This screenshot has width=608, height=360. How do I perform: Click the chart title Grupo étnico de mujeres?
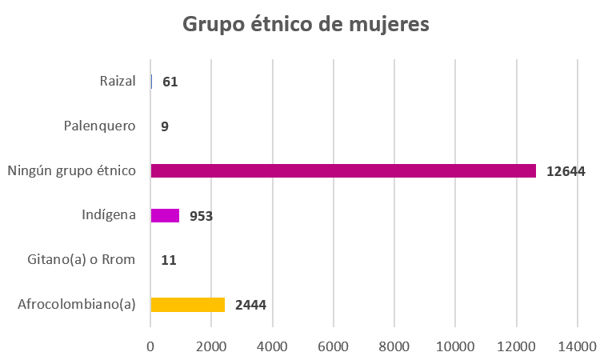(306, 25)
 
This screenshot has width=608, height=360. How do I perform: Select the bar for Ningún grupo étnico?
(342, 170)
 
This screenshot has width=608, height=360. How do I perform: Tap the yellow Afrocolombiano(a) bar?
(187, 305)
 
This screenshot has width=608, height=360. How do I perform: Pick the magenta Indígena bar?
(165, 215)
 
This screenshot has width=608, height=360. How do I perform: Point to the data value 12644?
(566, 170)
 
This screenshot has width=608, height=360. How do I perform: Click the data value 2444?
(250, 305)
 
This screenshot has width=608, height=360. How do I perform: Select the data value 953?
(200, 215)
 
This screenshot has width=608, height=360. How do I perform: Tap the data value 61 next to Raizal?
(170, 82)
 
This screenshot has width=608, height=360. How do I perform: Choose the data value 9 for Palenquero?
(164, 126)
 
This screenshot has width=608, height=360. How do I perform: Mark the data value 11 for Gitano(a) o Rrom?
(168, 260)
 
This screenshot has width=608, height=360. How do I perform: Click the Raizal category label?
(118, 81)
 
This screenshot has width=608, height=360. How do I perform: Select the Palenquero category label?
(99, 126)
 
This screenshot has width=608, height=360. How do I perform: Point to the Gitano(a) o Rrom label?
(81, 259)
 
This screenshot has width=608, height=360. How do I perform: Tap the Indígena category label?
(108, 214)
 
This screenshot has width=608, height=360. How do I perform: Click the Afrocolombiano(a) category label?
(76, 304)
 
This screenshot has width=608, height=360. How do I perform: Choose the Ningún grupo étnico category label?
(71, 170)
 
